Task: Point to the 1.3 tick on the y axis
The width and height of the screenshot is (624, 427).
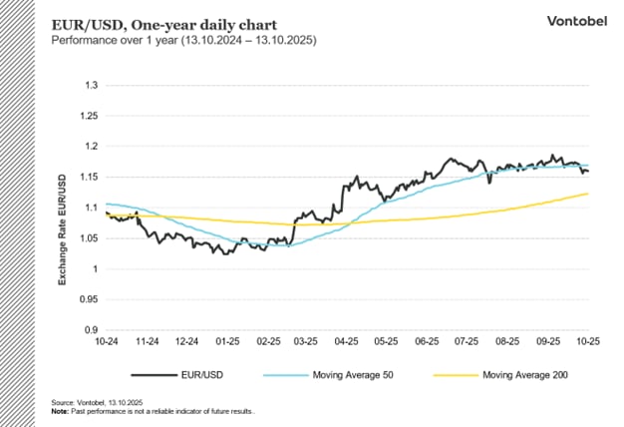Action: coord(91,86)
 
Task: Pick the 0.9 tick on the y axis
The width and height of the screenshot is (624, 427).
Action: coord(91,330)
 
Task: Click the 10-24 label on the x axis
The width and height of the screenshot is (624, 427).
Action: coord(107,342)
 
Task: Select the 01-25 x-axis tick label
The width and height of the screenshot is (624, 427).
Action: coord(226,342)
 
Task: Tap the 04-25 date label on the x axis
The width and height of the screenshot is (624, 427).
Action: coord(346,342)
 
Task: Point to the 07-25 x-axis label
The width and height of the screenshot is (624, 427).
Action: coord(466,342)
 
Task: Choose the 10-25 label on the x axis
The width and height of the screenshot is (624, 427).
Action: coord(586,342)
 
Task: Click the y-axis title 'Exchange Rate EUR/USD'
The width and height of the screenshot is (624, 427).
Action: coord(62,228)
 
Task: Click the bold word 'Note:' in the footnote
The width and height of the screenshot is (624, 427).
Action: coord(61,410)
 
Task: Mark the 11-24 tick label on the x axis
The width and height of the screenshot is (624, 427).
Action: coord(147,342)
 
